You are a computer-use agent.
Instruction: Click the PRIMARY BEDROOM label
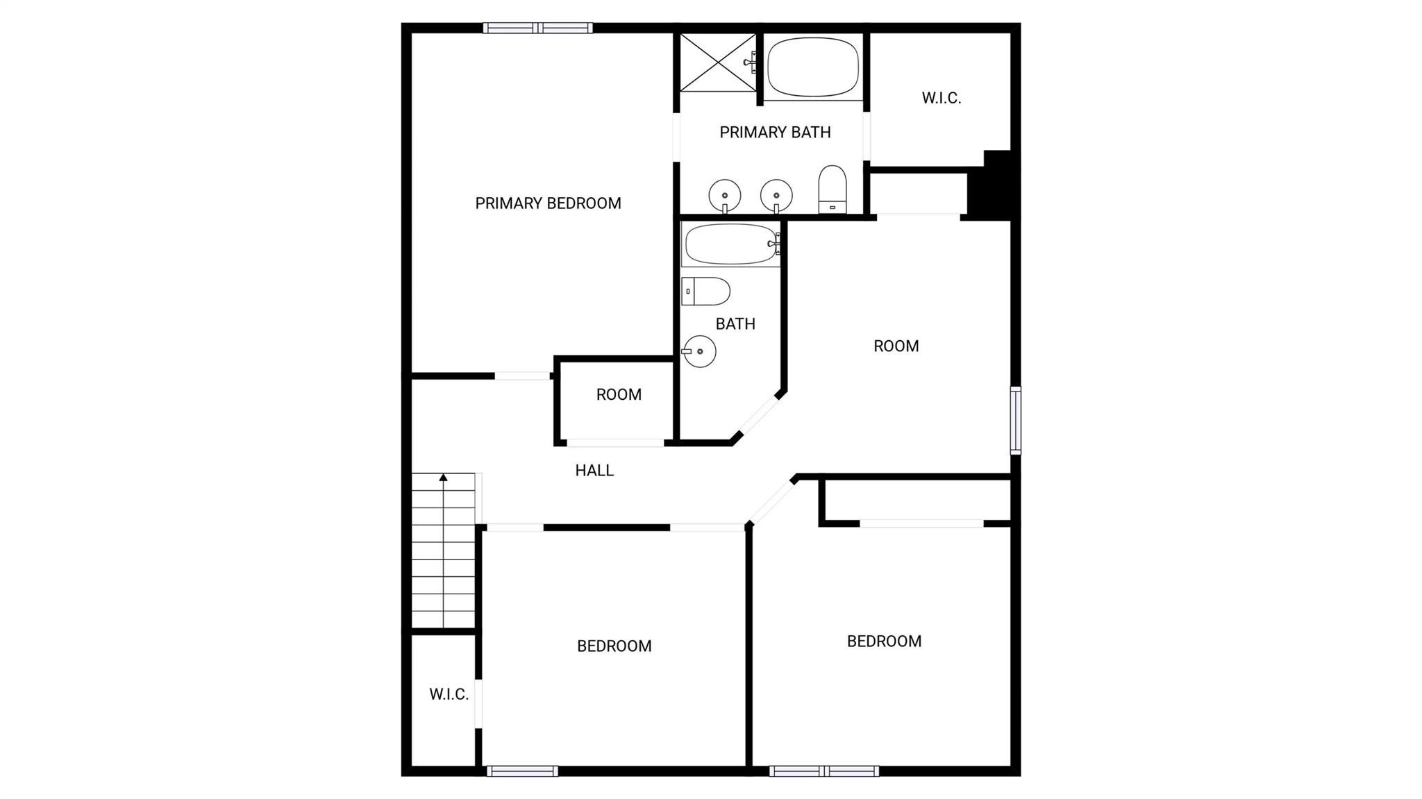(548, 203)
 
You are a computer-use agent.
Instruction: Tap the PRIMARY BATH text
(775, 132)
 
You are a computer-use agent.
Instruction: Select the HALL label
(594, 471)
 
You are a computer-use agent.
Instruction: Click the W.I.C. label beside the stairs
(449, 694)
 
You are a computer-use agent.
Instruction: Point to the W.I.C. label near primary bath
(942, 98)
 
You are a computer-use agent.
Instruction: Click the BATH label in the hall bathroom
(735, 323)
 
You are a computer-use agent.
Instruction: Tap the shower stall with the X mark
(717, 62)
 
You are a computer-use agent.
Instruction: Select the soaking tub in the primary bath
(813, 67)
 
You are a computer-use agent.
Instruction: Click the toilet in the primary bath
(833, 189)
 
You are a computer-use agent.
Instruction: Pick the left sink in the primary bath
(725, 195)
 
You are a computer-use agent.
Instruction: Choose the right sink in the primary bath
(776, 195)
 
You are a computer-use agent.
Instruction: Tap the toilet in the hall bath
(705, 292)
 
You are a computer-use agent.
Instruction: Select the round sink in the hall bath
(699, 351)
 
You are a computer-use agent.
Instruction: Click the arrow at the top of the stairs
(443, 477)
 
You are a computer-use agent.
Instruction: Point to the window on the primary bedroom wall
(538, 28)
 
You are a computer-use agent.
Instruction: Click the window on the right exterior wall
(1016, 420)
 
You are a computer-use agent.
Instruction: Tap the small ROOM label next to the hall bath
(619, 394)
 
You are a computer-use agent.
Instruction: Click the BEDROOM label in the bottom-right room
(884, 641)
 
